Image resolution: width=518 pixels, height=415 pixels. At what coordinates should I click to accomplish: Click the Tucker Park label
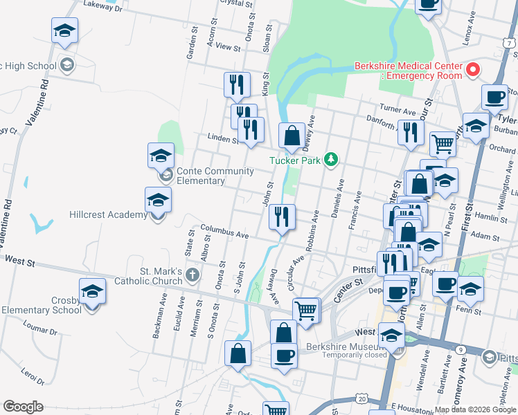(x=296, y=160)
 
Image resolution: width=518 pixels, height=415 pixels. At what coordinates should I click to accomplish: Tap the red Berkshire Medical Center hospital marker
(x=473, y=70)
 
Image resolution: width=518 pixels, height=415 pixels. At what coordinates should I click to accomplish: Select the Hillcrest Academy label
(x=107, y=215)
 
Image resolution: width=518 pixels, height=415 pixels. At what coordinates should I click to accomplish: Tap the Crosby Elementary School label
(x=42, y=305)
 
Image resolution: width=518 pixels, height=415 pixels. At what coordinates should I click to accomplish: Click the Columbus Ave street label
(x=224, y=231)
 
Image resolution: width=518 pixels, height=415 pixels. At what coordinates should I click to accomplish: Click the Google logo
(x=24, y=407)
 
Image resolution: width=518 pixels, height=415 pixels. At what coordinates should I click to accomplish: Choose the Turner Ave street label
(x=397, y=109)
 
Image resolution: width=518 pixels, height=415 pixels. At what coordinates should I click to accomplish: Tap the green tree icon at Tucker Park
(x=332, y=160)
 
